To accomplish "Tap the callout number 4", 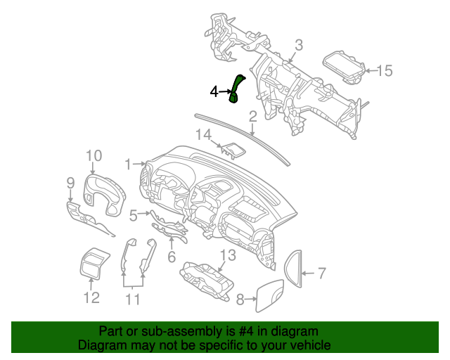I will pos(214,91).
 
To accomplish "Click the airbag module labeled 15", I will pos(344,65).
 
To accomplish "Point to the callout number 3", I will pos(298,46).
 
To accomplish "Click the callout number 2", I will pos(252,116).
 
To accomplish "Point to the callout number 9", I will pos(70,184).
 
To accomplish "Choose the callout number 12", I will pos(92,298).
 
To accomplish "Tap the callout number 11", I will pos(133,300).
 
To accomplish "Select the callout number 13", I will pos(228,255).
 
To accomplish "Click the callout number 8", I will pos(240,300).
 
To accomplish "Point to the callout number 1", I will pos(129,165).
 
